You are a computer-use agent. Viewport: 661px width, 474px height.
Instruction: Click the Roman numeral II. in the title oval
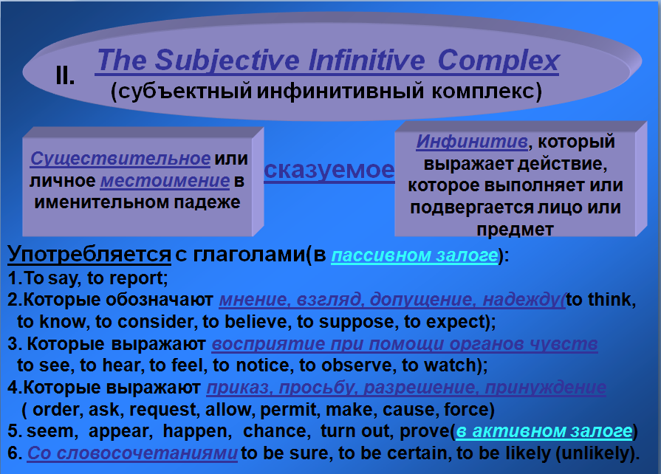[65, 76]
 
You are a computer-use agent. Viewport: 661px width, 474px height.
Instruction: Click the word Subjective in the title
[227, 61]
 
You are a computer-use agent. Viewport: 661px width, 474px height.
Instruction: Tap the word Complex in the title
[499, 61]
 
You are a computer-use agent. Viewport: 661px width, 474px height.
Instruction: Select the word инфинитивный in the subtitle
[340, 92]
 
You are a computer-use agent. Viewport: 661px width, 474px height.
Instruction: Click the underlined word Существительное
[120, 159]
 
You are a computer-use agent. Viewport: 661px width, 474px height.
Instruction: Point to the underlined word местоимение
[165, 181]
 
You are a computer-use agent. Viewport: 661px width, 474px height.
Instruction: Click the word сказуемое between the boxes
[329, 171]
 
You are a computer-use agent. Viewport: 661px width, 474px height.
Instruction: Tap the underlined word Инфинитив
[472, 142]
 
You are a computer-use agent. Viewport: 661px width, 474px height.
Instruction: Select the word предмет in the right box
[515, 230]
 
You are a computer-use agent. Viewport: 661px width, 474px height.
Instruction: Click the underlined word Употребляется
[89, 254]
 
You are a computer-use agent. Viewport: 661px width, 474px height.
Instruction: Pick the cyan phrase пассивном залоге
[414, 255]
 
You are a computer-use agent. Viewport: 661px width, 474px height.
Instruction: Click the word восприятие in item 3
[268, 344]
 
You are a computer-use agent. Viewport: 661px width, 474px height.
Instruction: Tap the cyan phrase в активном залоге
[544, 431]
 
